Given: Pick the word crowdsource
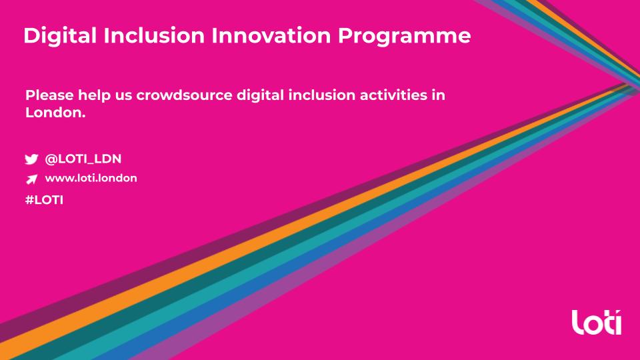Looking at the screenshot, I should tap(185, 95).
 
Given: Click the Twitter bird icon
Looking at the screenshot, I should tap(31, 160).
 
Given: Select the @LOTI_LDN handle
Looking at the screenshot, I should tap(83, 159).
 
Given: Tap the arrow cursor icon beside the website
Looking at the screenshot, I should tap(31, 179).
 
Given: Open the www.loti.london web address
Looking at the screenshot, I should tap(91, 178).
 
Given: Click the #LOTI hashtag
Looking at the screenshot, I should tap(44, 199).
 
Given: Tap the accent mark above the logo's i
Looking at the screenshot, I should tap(619, 312).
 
